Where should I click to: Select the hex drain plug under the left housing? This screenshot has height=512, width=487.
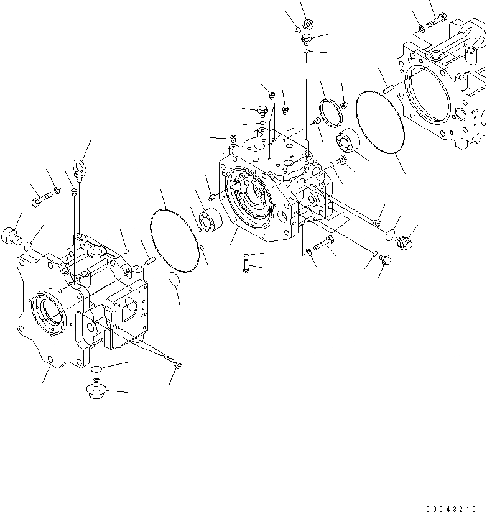[x=95, y=391]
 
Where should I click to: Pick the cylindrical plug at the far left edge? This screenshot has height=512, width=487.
[x=12, y=235]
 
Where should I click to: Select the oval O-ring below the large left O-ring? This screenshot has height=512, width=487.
[x=175, y=281]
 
